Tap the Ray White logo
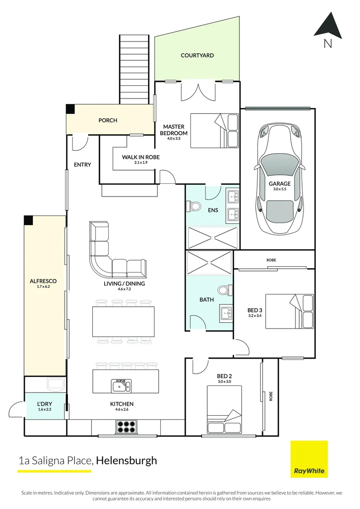(309, 459)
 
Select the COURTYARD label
(197, 56)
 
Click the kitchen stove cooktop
(127, 427)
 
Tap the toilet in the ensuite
(195, 206)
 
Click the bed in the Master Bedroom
(215, 130)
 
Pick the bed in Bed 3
(289, 311)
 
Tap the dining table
(123, 321)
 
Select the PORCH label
(108, 120)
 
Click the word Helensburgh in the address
(126, 460)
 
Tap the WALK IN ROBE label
(141, 157)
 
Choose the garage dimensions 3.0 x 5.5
(279, 189)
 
